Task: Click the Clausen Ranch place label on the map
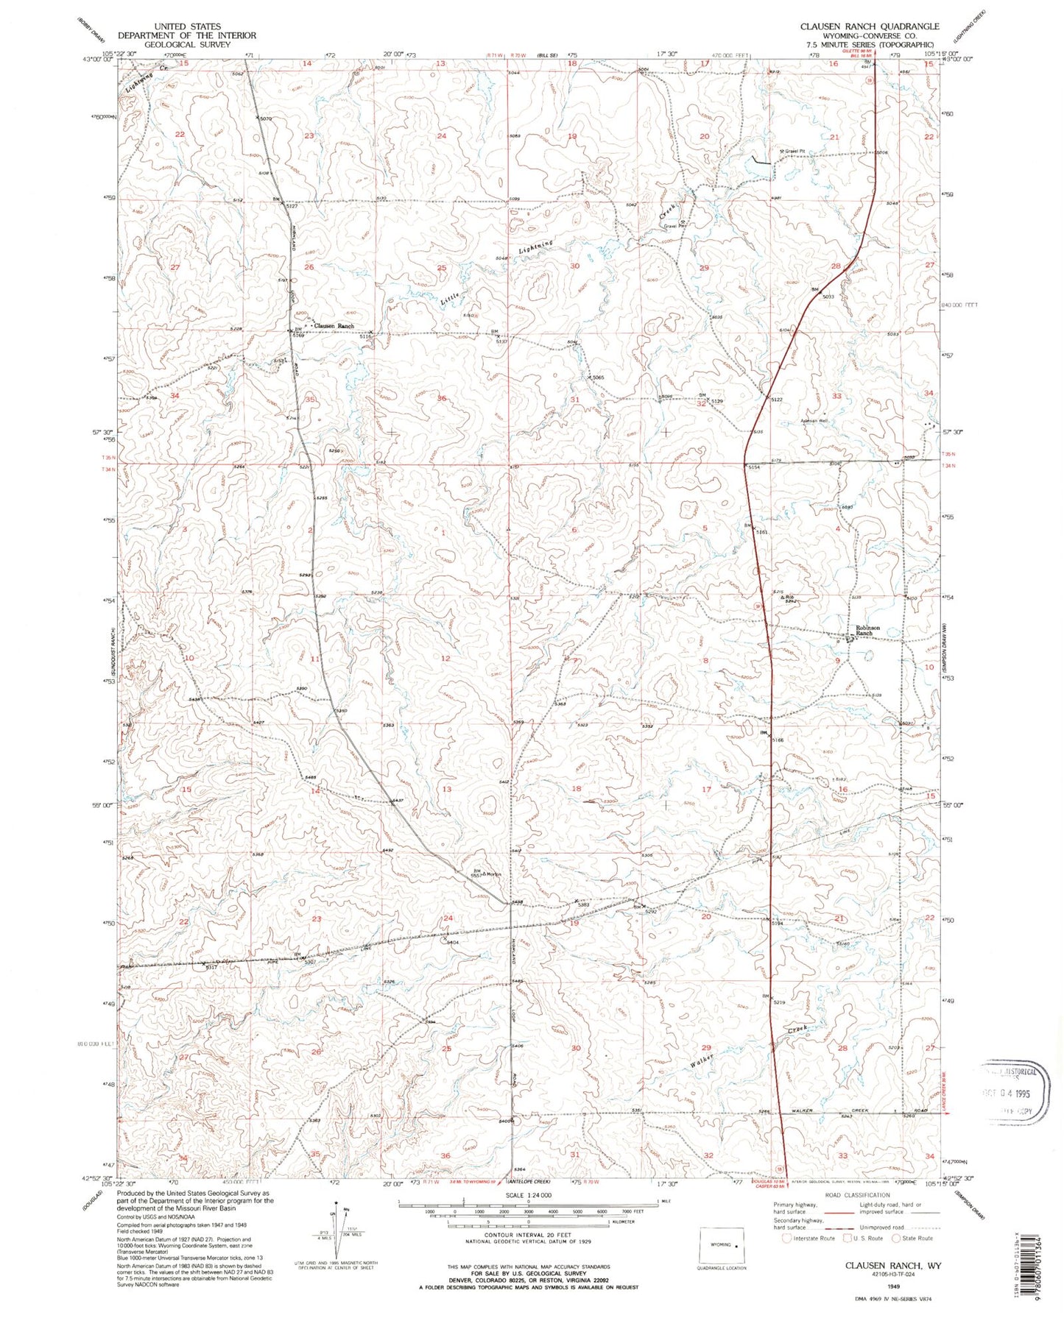pos(334,326)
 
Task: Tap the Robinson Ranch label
pos(867,631)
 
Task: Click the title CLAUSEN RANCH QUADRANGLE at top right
pos(870,26)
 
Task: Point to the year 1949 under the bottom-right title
pos(894,1286)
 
